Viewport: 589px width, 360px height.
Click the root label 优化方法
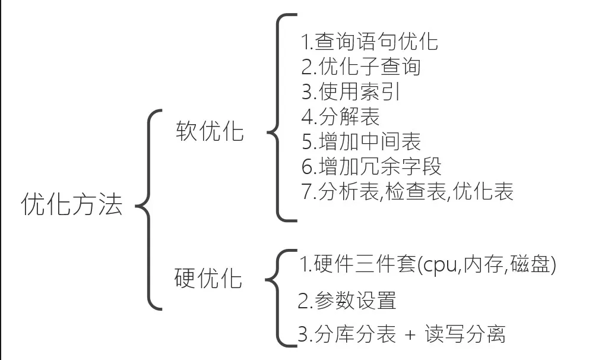point(72,204)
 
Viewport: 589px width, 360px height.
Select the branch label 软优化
point(210,131)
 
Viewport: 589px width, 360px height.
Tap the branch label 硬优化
point(208,278)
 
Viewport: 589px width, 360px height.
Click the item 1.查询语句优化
point(370,42)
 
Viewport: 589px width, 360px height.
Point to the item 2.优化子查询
point(361,67)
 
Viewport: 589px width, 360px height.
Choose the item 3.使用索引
point(351,91)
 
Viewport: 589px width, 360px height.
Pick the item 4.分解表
point(341,116)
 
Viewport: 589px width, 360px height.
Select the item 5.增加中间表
point(361,141)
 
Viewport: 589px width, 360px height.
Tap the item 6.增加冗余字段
point(371,166)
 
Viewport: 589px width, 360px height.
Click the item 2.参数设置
point(347,301)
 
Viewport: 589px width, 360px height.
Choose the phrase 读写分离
point(465,334)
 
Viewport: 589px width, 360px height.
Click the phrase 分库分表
point(355,334)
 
